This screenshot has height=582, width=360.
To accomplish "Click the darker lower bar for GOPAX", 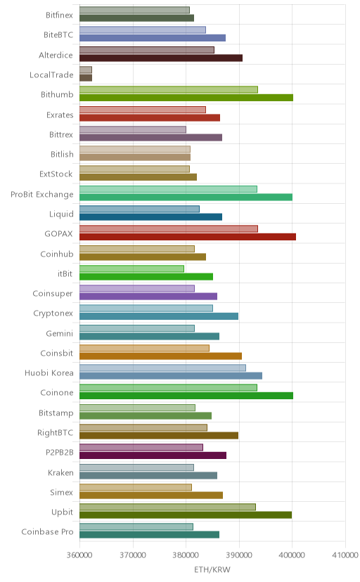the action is pos(188,237).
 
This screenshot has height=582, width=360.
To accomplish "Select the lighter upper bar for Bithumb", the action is pos(169,89).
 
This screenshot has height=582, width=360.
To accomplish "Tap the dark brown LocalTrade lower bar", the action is pos(86,77).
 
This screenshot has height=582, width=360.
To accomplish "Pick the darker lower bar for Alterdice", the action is pos(161,58).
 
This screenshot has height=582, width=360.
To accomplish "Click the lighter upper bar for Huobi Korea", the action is pos(162,368).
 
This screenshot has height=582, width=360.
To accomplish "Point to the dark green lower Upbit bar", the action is pos(186,515).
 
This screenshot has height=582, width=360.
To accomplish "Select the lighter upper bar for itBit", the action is pos(131,269).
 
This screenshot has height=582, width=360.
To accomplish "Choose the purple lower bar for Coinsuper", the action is pos(148,296).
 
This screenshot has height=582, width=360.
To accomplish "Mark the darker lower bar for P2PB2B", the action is pos(153,455).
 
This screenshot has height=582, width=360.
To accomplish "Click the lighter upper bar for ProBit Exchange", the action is pos(168,189).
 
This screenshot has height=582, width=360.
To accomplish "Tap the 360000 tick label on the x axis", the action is pos(79,555).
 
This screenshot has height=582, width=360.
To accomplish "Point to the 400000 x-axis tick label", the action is pos(292,555).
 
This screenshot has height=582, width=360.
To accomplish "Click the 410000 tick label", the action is pos(345,555).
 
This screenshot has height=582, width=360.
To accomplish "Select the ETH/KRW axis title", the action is pos(212,570).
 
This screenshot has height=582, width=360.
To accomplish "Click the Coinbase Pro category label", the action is pos(48,532).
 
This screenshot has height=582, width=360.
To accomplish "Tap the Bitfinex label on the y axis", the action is pos(59,15).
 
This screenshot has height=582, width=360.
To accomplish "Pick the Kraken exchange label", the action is pos(60,472).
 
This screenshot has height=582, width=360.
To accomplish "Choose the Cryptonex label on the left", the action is pos(53,313).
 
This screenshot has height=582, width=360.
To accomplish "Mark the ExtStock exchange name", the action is pos(56,174).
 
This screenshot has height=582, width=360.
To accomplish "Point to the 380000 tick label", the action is pos(186,555).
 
